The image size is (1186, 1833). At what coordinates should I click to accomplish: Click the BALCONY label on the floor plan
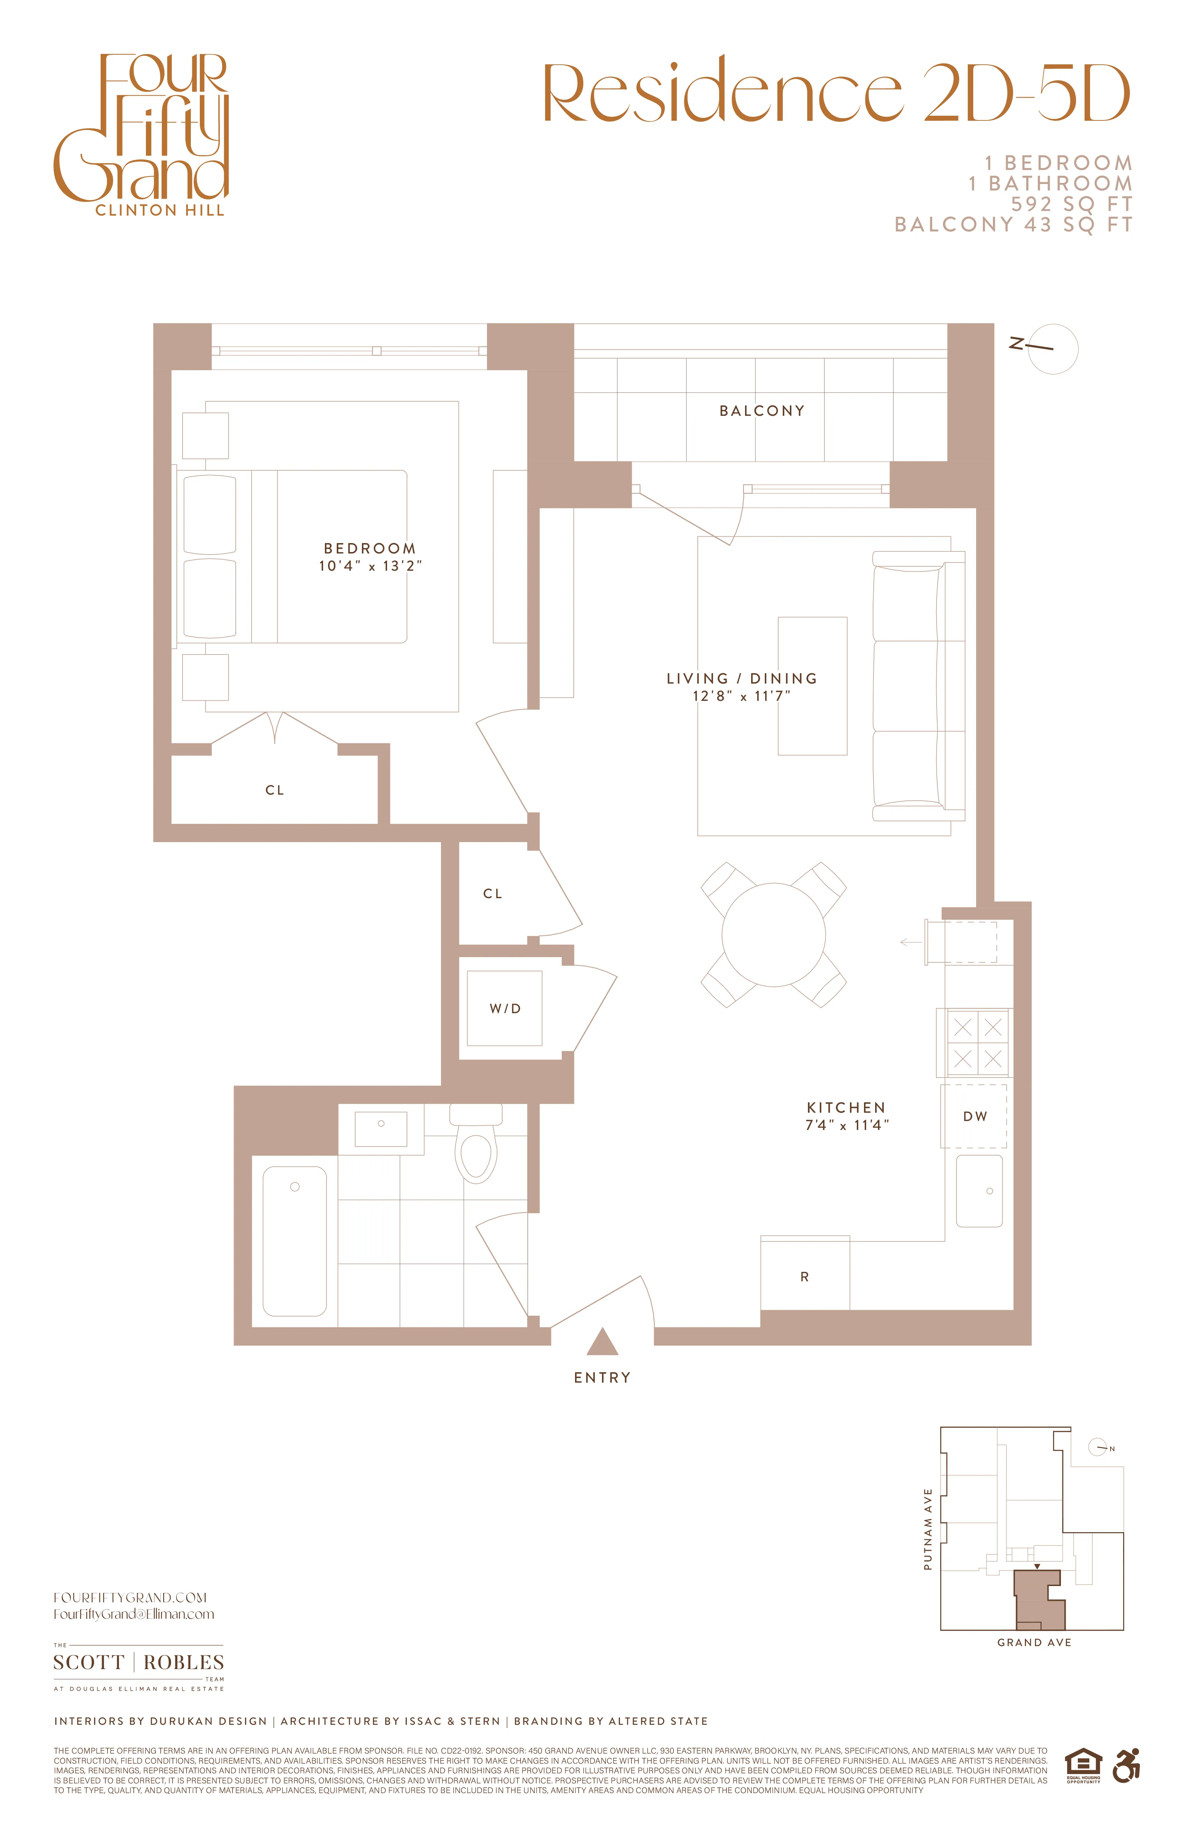click(x=762, y=411)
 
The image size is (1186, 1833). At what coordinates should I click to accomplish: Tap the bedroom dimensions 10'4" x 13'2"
click(x=371, y=566)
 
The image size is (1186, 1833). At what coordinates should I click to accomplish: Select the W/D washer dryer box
click(x=505, y=1008)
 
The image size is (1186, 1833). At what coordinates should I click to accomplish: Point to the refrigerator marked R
click(x=805, y=1277)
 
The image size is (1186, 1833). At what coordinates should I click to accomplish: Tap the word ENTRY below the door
click(x=602, y=1378)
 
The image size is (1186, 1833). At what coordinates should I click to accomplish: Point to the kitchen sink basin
click(x=979, y=1191)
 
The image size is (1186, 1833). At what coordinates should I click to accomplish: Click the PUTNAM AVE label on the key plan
click(x=928, y=1529)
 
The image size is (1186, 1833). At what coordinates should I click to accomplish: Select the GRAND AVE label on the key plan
click(x=1034, y=1643)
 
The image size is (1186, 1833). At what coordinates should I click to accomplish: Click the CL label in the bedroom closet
click(x=275, y=790)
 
